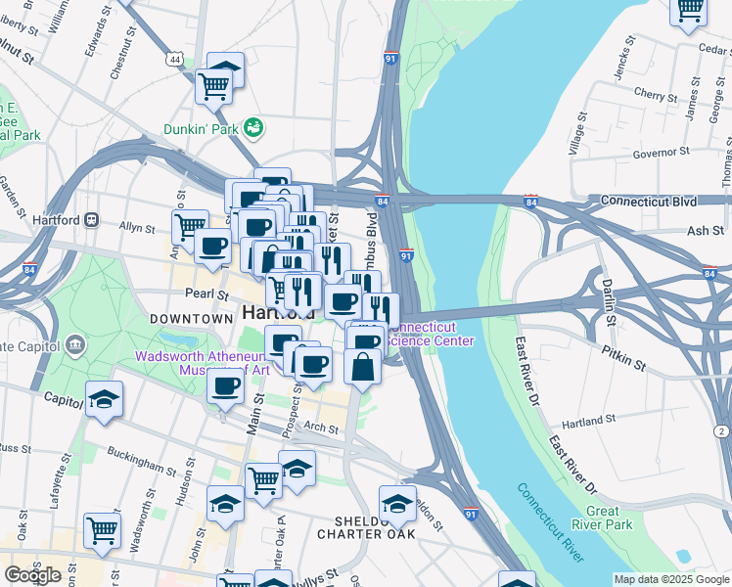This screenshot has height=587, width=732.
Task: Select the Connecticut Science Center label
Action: [x=431, y=334]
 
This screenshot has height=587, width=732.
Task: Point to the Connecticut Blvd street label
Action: [x=648, y=201]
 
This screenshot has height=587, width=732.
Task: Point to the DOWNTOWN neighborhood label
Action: [x=191, y=320]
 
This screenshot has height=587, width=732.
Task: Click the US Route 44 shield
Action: [x=174, y=60]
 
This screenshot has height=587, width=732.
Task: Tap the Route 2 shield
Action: [x=721, y=431]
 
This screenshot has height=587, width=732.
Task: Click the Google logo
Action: [x=32, y=574]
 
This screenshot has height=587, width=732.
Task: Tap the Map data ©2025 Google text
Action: [x=671, y=579]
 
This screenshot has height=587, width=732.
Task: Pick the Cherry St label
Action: [x=650, y=94]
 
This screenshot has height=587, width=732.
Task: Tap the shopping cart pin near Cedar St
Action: [x=689, y=9]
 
